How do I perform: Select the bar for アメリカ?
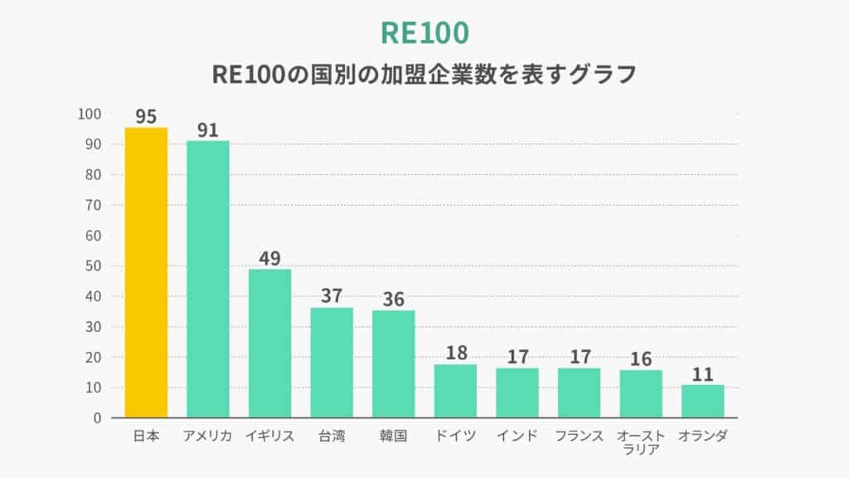[x=207, y=279]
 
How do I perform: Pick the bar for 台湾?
[x=332, y=362]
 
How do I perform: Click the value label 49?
[x=269, y=258]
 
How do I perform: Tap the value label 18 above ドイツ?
[x=455, y=353]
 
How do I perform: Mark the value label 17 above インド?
[x=517, y=357]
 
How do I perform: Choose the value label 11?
[x=702, y=373]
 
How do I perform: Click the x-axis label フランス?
[x=580, y=436]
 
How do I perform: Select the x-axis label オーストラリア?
[x=640, y=443]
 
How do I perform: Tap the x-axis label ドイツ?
[x=455, y=436]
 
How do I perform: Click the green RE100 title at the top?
[x=424, y=32]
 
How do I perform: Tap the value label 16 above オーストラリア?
[x=640, y=358]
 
